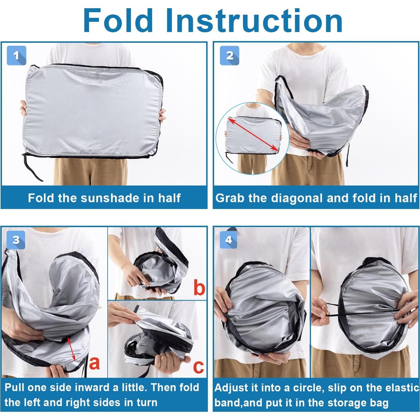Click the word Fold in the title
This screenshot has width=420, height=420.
point(118,20)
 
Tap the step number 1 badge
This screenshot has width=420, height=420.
point(16,56)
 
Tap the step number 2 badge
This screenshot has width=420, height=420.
point(229,56)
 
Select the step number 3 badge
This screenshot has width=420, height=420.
point(16,240)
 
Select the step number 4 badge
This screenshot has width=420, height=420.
point(229,240)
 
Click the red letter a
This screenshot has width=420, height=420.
point(94,363)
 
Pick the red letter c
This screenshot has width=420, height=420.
point(199,367)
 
